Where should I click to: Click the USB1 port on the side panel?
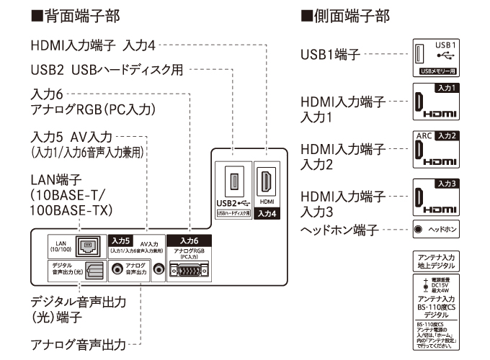click(422, 54)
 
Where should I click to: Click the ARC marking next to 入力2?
click(424, 136)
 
